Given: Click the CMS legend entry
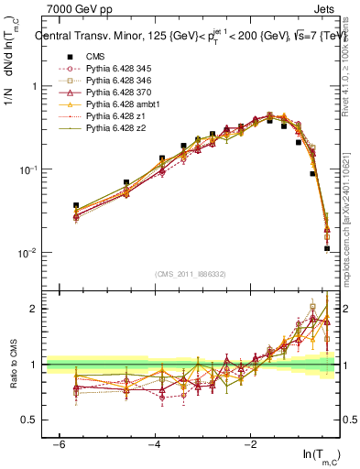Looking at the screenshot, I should coord(94,57).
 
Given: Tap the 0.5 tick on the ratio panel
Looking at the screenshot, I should coord(32,420).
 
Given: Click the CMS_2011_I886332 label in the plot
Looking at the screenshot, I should coord(192,274).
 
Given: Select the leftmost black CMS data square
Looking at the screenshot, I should coord(76,205).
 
